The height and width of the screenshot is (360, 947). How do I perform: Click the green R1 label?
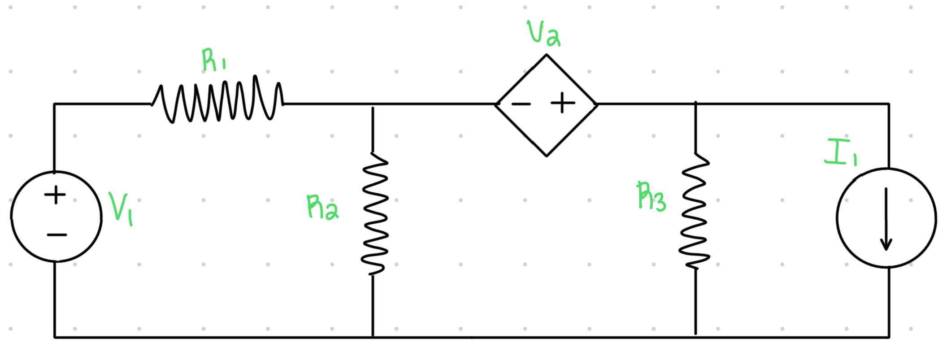point(213,61)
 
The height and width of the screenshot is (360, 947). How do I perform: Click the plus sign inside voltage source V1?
point(55,195)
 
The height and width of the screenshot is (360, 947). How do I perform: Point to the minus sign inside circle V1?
point(57,234)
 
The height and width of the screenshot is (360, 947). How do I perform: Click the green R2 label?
point(322,208)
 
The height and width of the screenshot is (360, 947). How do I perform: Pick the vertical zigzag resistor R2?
point(374,214)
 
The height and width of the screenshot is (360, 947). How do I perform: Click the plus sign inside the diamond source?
point(563,104)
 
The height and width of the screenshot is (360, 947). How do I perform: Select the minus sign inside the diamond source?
point(521,104)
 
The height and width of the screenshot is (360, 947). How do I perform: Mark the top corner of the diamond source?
point(547,55)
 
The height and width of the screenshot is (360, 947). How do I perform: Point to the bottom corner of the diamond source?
point(547,156)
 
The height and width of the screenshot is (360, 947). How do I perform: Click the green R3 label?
point(651,197)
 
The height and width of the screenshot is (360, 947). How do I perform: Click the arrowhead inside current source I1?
point(886,245)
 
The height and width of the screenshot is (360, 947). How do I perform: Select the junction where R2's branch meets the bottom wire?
point(373,337)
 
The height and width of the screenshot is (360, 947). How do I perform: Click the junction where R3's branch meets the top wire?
point(695,104)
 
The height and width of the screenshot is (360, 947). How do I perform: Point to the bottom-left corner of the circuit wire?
point(55,337)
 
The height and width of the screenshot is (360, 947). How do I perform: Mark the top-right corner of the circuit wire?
point(889,104)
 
